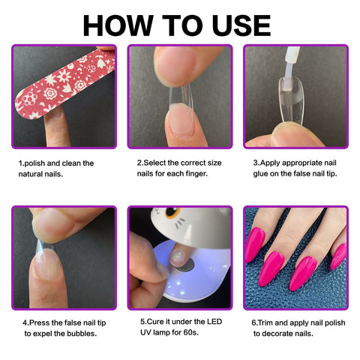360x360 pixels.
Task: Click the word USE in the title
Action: click(x=241, y=25)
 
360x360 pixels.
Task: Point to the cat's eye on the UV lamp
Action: click(x=172, y=213)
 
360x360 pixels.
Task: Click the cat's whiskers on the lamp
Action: click(x=181, y=223)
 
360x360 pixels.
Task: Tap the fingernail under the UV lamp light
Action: click(x=178, y=257)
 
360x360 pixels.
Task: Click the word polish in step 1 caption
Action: click(x=34, y=163)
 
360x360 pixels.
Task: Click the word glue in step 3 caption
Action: click(x=260, y=174)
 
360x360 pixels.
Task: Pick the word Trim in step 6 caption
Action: click(x=265, y=322)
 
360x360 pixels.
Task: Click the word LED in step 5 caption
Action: click(x=214, y=322)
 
